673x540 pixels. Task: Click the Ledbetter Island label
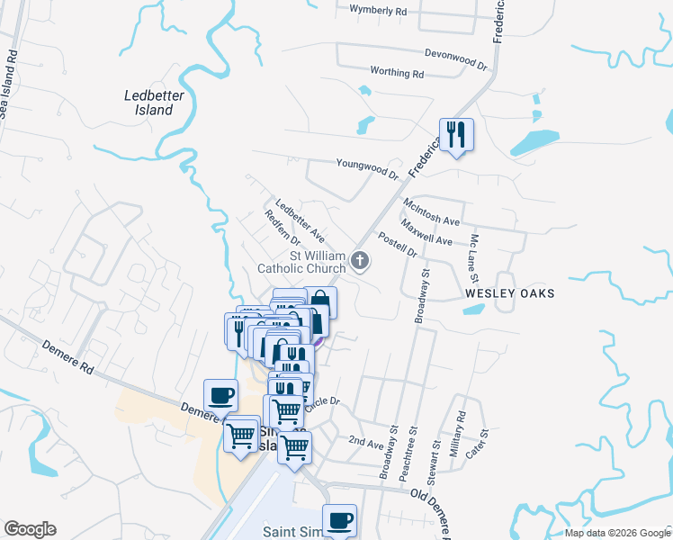tap(148, 102)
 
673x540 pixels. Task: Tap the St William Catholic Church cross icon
tap(360, 261)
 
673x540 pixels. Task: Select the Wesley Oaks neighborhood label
tap(509, 293)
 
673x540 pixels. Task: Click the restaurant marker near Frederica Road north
tap(455, 135)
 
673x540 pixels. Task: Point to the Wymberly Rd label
tap(379, 11)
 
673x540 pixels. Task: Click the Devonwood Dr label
tap(455, 59)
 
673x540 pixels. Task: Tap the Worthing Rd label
tap(397, 72)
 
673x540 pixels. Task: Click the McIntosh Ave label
tap(432, 212)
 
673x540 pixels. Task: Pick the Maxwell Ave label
tap(426, 233)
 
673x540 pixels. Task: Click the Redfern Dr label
tap(283, 229)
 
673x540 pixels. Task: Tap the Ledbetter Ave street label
tap(300, 220)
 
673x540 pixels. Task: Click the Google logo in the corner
tap(30, 529)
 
